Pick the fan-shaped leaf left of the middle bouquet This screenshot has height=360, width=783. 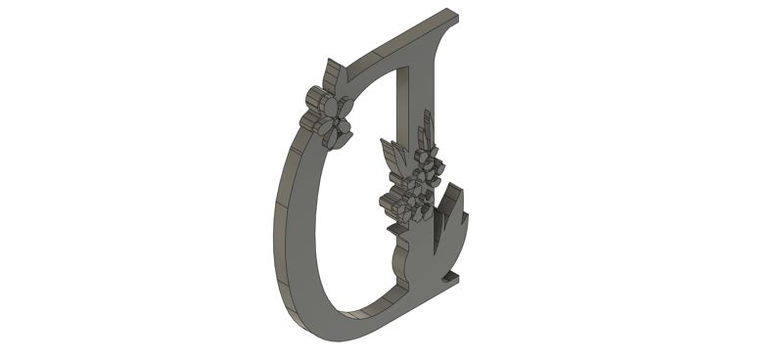pos(392,156)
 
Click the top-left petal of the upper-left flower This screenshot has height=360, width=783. pos(315,98)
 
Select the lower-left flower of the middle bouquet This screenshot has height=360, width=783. pos(395,205)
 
